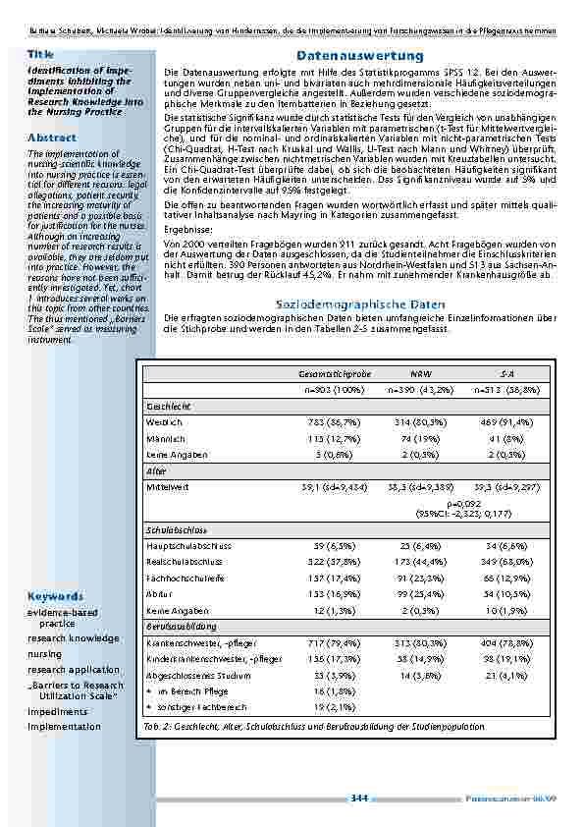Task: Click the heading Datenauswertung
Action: [359, 57]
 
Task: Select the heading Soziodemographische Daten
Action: [359, 305]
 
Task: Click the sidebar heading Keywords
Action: [55, 596]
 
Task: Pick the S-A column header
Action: [505, 374]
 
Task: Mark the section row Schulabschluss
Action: [175, 531]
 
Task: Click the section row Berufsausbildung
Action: [178, 626]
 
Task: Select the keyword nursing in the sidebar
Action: [44, 653]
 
